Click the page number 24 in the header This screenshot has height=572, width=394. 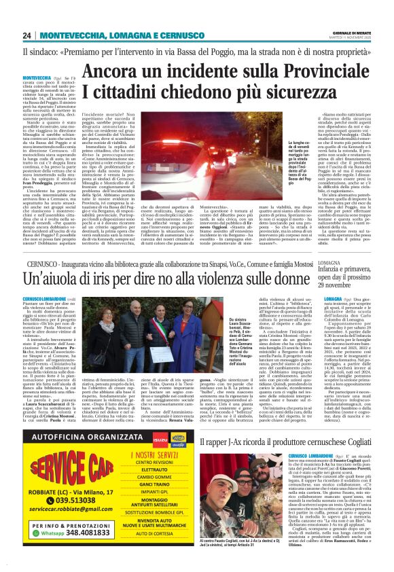tap(26, 35)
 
